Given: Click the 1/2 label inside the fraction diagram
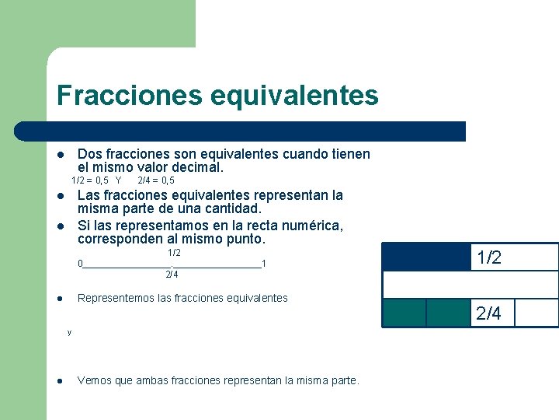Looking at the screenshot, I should (489, 258).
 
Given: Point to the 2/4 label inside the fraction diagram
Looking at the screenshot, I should (489, 313).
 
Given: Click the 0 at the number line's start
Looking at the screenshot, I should (80, 264).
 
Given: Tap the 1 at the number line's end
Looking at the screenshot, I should (264, 264).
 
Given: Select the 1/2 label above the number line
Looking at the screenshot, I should (174, 253).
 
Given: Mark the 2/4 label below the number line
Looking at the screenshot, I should (172, 274).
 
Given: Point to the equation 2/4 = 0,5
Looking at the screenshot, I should (155, 180).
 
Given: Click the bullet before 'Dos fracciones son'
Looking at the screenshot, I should (61, 154).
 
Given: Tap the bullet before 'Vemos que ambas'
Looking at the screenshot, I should (61, 381).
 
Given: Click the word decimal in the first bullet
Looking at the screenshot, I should (200, 167).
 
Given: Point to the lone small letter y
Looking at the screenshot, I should (69, 332).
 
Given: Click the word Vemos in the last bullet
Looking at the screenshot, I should (94, 381).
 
